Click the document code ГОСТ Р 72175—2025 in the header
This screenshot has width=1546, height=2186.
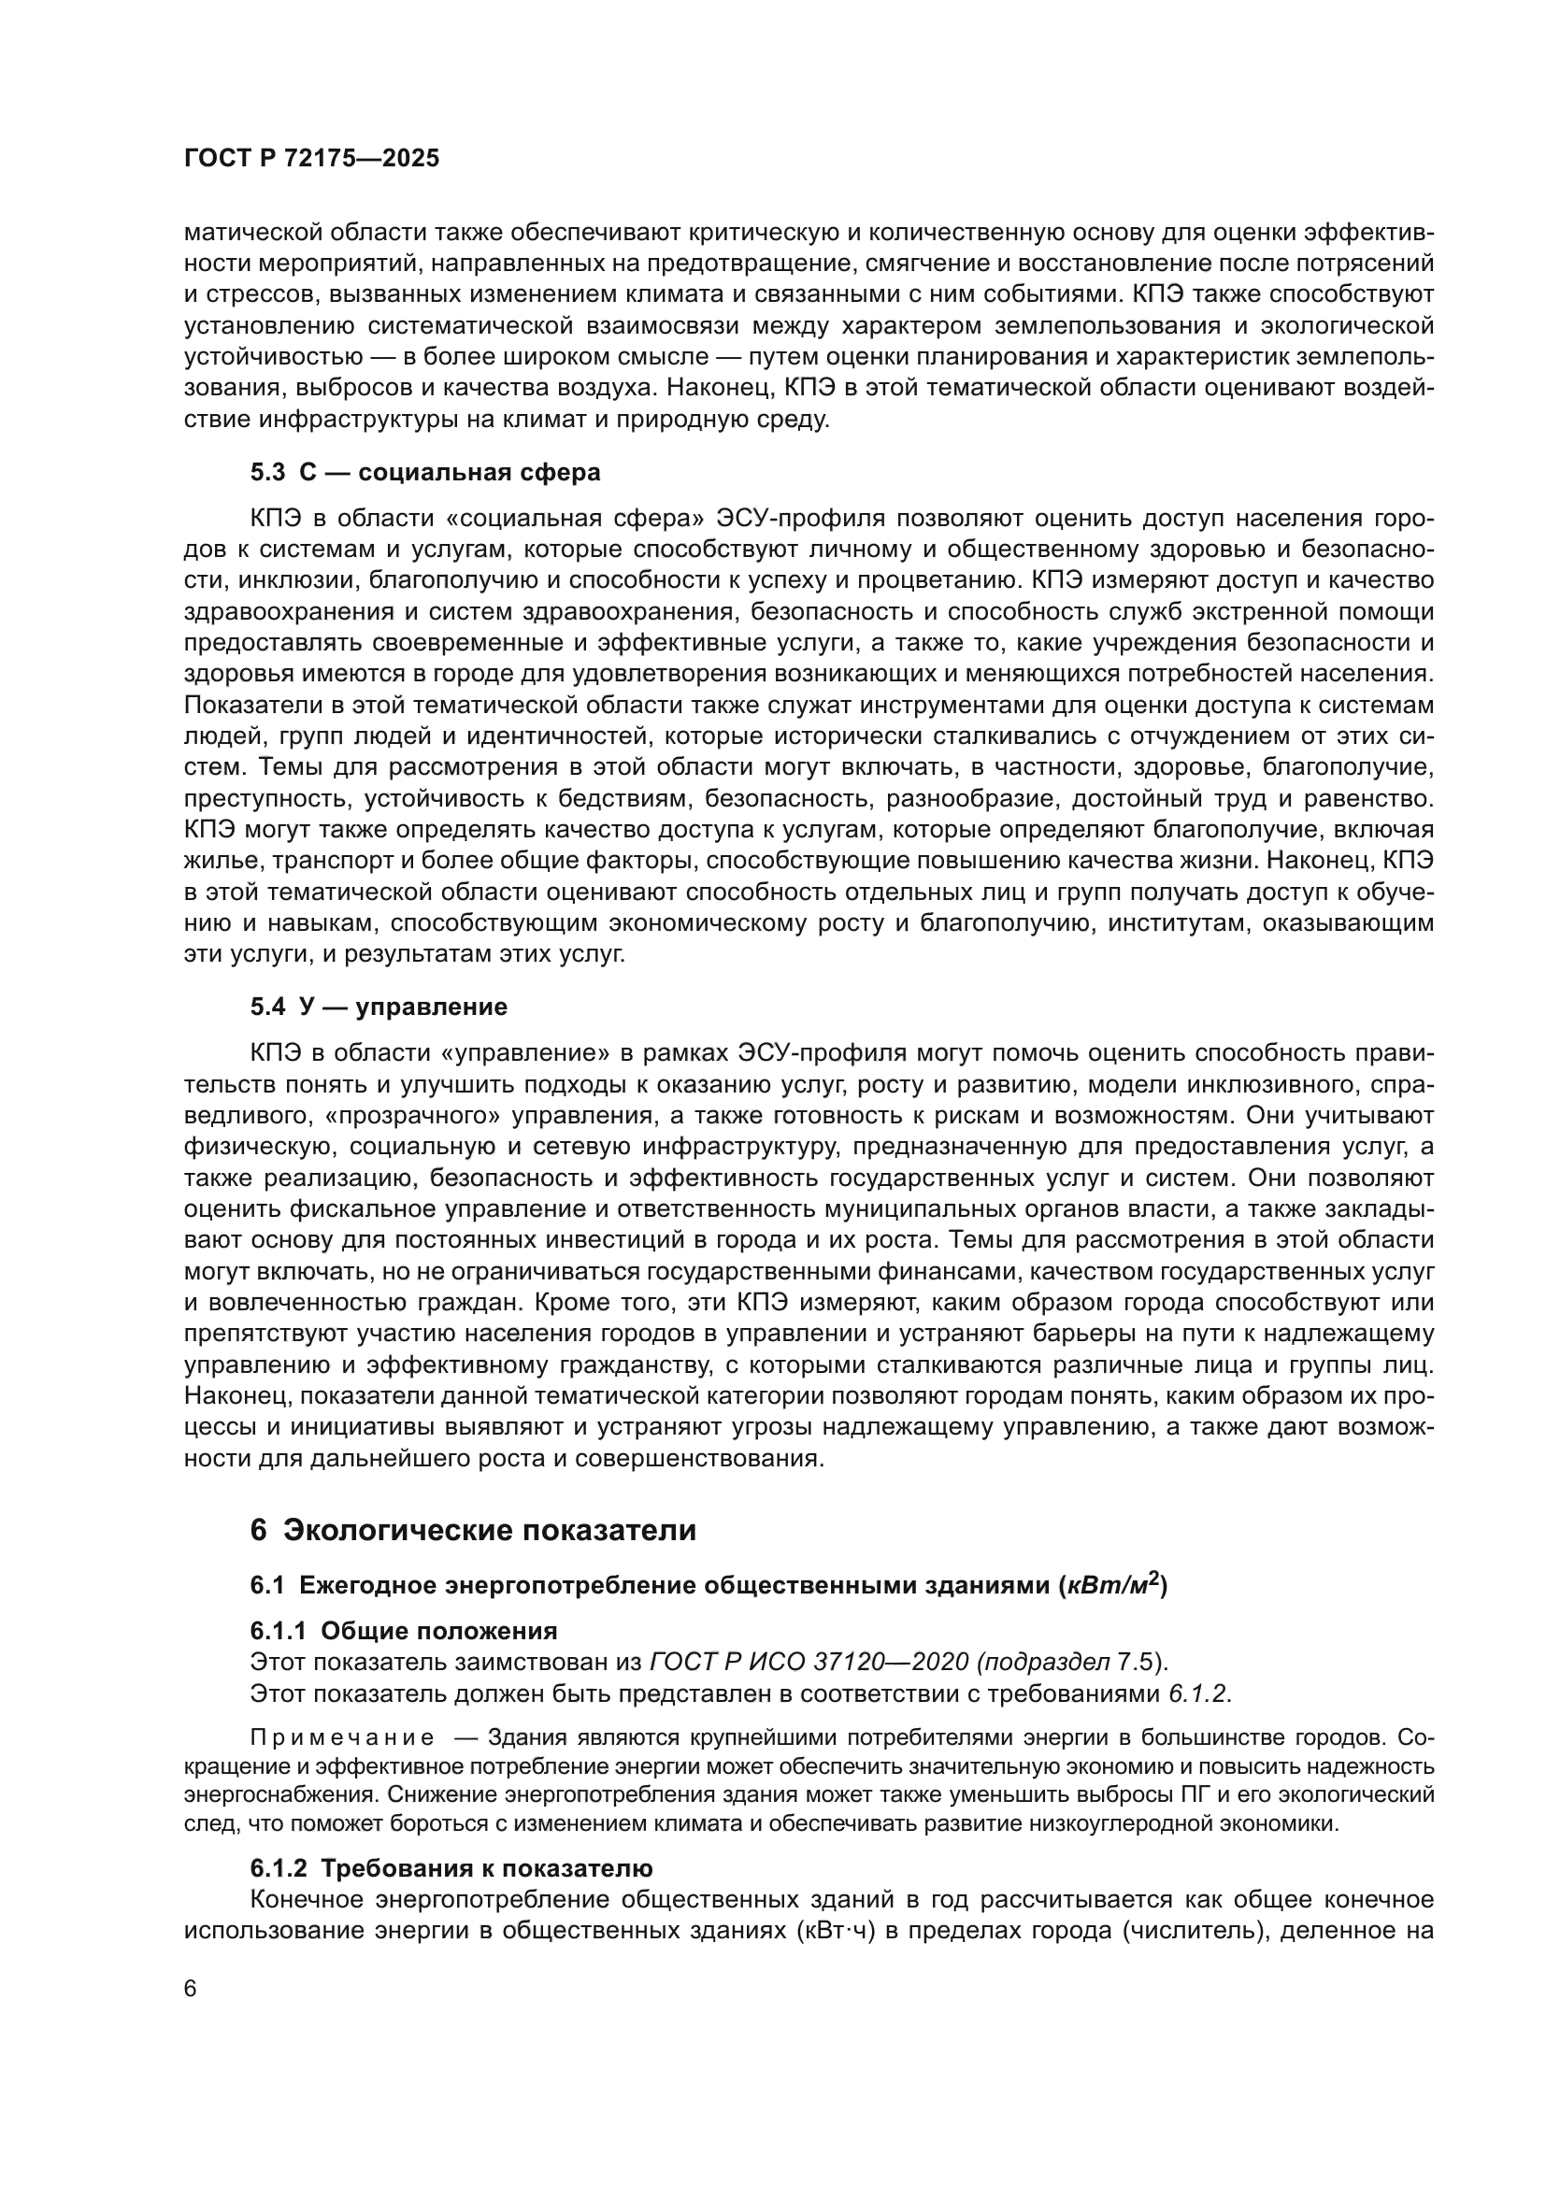(x=311, y=159)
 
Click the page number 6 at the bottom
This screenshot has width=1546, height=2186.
(x=191, y=1989)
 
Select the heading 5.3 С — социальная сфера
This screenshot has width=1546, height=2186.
(x=424, y=472)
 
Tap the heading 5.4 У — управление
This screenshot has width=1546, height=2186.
(x=378, y=1007)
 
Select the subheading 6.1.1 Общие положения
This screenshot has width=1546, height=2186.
(x=403, y=1631)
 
